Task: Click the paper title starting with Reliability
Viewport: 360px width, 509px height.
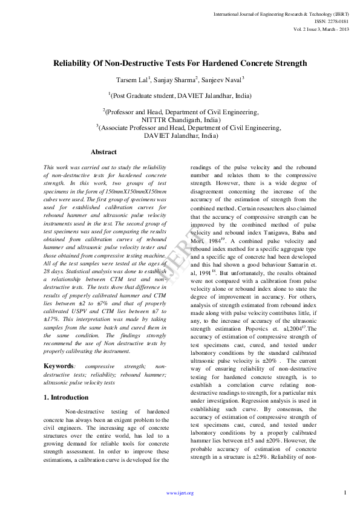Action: (180, 63)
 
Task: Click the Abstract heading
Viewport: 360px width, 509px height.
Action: (103, 152)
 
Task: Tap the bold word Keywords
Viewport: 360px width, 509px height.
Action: (59, 366)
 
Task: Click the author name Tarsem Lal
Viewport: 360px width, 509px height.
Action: (133, 80)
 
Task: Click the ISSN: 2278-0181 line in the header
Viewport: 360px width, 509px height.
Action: (331, 21)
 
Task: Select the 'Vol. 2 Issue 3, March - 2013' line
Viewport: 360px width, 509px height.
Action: (320, 28)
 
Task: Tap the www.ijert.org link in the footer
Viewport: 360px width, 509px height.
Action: (180, 493)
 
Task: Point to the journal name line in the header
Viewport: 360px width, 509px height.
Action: (279, 14)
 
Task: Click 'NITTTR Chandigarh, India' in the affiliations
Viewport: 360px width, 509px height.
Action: (180, 120)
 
